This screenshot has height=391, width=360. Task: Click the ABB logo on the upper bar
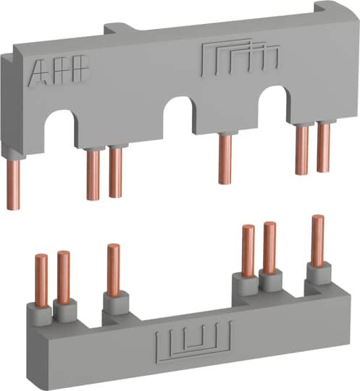(x=59, y=72)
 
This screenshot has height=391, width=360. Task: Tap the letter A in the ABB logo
(x=40, y=72)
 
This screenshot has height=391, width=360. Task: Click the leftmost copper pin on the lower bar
(x=41, y=279)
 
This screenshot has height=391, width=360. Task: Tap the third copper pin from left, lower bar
(x=114, y=268)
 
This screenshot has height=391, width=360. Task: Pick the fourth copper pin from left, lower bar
(x=248, y=251)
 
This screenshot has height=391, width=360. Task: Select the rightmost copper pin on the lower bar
(x=317, y=239)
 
